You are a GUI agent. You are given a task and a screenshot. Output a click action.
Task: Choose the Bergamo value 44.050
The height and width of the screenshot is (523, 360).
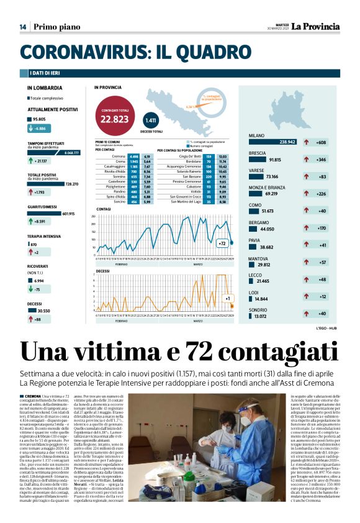click(267, 229)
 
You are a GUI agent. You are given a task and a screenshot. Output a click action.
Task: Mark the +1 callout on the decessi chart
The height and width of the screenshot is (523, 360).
click(228, 299)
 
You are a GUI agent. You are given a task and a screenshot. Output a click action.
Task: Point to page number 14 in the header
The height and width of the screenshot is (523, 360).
click(22, 27)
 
